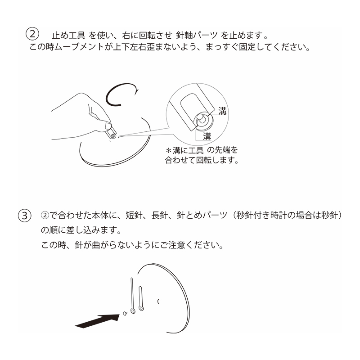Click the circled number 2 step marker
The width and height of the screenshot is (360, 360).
pyautogui.click(x=32, y=34)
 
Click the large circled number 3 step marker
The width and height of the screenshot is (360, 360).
pyautogui.click(x=25, y=216)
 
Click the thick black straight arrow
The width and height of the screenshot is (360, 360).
pyautogui.click(x=97, y=320)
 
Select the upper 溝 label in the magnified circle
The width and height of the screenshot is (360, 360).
pyautogui.click(x=222, y=111)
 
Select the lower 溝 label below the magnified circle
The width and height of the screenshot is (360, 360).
pyautogui.click(x=207, y=136)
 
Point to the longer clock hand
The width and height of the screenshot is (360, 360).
pyautogui.click(x=132, y=296)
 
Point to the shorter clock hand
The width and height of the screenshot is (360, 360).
pyautogui.click(x=141, y=298)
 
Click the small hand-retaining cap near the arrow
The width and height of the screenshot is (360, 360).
pyautogui.click(x=125, y=313)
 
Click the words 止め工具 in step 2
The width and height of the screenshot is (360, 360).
pyautogui.click(x=68, y=36)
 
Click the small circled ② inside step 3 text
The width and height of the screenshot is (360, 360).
pyautogui.click(x=45, y=216)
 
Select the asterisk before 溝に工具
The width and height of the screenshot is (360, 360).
pyautogui.click(x=169, y=151)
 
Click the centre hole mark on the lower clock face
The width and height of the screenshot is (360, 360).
pyautogui.click(x=158, y=301)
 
